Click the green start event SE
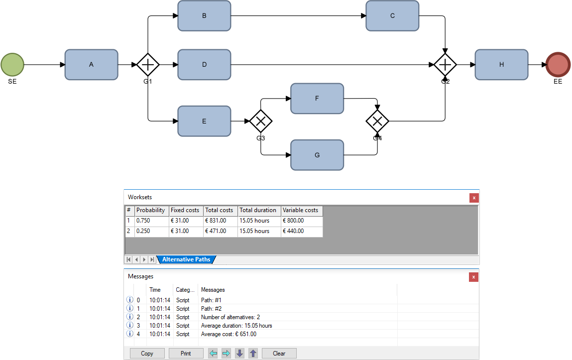pos(12,65)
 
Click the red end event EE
pos(558,65)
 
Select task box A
pos(91,65)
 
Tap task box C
pos(392,16)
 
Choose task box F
pos(317,99)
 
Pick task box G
pos(317,155)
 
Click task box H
pos(501,65)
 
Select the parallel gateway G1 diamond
pos(148,65)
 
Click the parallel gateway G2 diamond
pos(445,65)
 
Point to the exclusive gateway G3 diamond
pos(261,121)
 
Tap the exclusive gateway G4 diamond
pos(377,121)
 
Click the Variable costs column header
pos(301,210)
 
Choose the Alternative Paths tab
pos(186,259)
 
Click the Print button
pos(186,354)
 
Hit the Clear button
pos(279,354)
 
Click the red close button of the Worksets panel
pos(473,198)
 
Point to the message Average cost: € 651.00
pos(229,334)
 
